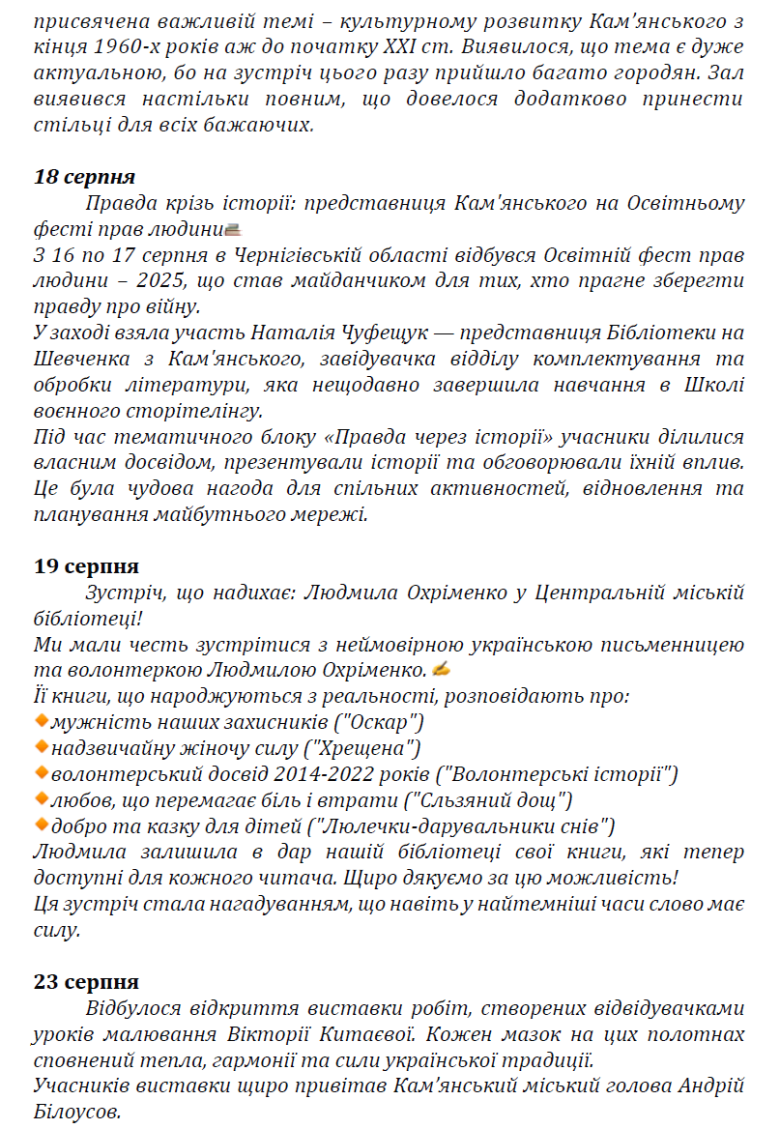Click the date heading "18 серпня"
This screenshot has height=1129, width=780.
[x=84, y=177]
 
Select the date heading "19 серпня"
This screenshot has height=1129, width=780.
[x=86, y=566]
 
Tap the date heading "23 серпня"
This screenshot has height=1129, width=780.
[x=86, y=982]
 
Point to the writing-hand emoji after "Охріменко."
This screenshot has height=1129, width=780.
[x=442, y=669]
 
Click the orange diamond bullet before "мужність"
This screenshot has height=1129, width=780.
[x=41, y=720]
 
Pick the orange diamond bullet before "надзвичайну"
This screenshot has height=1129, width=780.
[x=41, y=746]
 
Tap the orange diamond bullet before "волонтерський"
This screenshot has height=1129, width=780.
[x=41, y=772]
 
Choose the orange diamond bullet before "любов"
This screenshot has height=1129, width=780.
[x=41, y=798]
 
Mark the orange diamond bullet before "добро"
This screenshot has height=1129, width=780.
[x=41, y=825]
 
